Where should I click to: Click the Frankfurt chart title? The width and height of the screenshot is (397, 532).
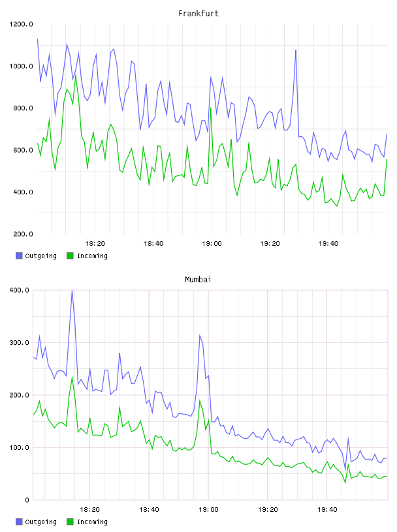pyautogui.click(x=198, y=13)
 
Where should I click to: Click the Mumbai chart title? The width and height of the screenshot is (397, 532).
pyautogui.click(x=198, y=279)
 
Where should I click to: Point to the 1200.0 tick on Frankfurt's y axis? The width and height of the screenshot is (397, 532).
pyautogui.click(x=21, y=24)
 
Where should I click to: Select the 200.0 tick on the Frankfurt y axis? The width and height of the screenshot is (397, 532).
pyautogui.click(x=23, y=234)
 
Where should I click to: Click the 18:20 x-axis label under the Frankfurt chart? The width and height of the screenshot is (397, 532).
pyautogui.click(x=95, y=243)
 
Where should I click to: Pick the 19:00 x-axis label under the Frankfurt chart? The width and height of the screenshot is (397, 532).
pyautogui.click(x=212, y=243)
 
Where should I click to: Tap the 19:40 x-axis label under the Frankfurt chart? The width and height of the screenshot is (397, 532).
pyautogui.click(x=328, y=243)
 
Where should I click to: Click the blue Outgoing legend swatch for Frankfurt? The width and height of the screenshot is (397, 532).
pyautogui.click(x=19, y=256)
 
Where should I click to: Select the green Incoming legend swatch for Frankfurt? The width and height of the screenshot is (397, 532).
pyautogui.click(x=70, y=256)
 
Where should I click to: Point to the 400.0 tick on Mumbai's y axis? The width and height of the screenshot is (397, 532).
pyautogui.click(x=19, y=290)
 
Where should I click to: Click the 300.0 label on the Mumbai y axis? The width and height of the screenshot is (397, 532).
pyautogui.click(x=19, y=343)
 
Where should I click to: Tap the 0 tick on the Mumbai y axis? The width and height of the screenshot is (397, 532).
pyautogui.click(x=27, y=500)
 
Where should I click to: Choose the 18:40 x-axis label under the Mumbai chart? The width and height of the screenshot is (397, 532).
pyautogui.click(x=149, y=509)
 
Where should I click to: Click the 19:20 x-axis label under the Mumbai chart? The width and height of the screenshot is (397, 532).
pyautogui.click(x=268, y=509)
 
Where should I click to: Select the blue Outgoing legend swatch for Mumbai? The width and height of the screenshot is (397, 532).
pyautogui.click(x=19, y=522)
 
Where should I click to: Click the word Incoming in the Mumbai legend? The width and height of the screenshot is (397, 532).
pyautogui.click(x=92, y=522)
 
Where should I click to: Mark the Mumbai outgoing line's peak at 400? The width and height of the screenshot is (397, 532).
pyautogui.click(x=72, y=290)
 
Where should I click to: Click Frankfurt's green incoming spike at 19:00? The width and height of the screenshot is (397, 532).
pyautogui.click(x=211, y=108)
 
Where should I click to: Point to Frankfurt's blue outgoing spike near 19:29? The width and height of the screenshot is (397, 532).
pyautogui.click(x=296, y=50)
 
